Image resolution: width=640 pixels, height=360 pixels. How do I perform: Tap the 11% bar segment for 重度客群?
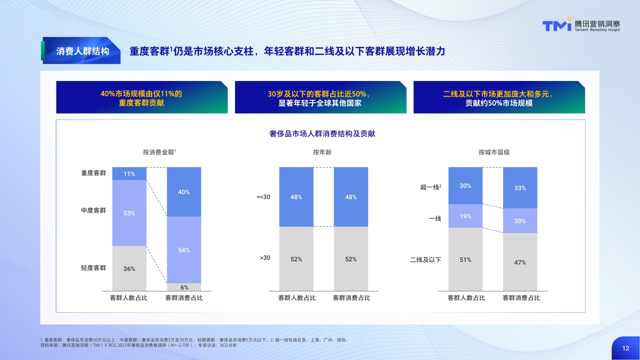tap(129, 174)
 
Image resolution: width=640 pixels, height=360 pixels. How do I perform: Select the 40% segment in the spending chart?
tap(184, 192)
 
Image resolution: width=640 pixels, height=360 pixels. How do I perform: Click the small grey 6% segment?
tap(184, 287)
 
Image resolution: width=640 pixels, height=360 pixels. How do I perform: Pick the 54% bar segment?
tap(184, 250)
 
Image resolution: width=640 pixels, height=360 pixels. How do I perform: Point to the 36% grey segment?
tap(129, 268)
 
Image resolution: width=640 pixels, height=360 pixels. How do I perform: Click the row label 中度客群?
tap(93, 210)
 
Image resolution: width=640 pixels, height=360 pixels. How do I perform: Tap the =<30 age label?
tap(263, 197)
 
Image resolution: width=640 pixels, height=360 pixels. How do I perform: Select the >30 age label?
tap(265, 258)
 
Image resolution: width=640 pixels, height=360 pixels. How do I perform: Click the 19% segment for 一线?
tap(465, 216)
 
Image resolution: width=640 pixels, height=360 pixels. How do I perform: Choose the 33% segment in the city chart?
tap(520, 188)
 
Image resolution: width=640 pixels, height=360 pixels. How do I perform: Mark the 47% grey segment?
tap(520, 262)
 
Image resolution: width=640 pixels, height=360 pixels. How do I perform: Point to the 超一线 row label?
tap(431, 187)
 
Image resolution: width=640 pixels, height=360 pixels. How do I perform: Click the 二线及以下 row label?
tap(425, 260)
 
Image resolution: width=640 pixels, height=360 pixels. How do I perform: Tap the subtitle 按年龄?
tap(322, 152)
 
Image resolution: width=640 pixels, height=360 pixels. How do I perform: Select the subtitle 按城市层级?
tap(494, 152)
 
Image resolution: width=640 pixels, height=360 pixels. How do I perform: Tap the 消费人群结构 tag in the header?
tap(82, 51)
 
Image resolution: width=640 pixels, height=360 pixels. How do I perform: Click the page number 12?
tap(626, 348)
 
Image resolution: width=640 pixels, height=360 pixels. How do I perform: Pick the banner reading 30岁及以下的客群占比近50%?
tap(320, 98)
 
